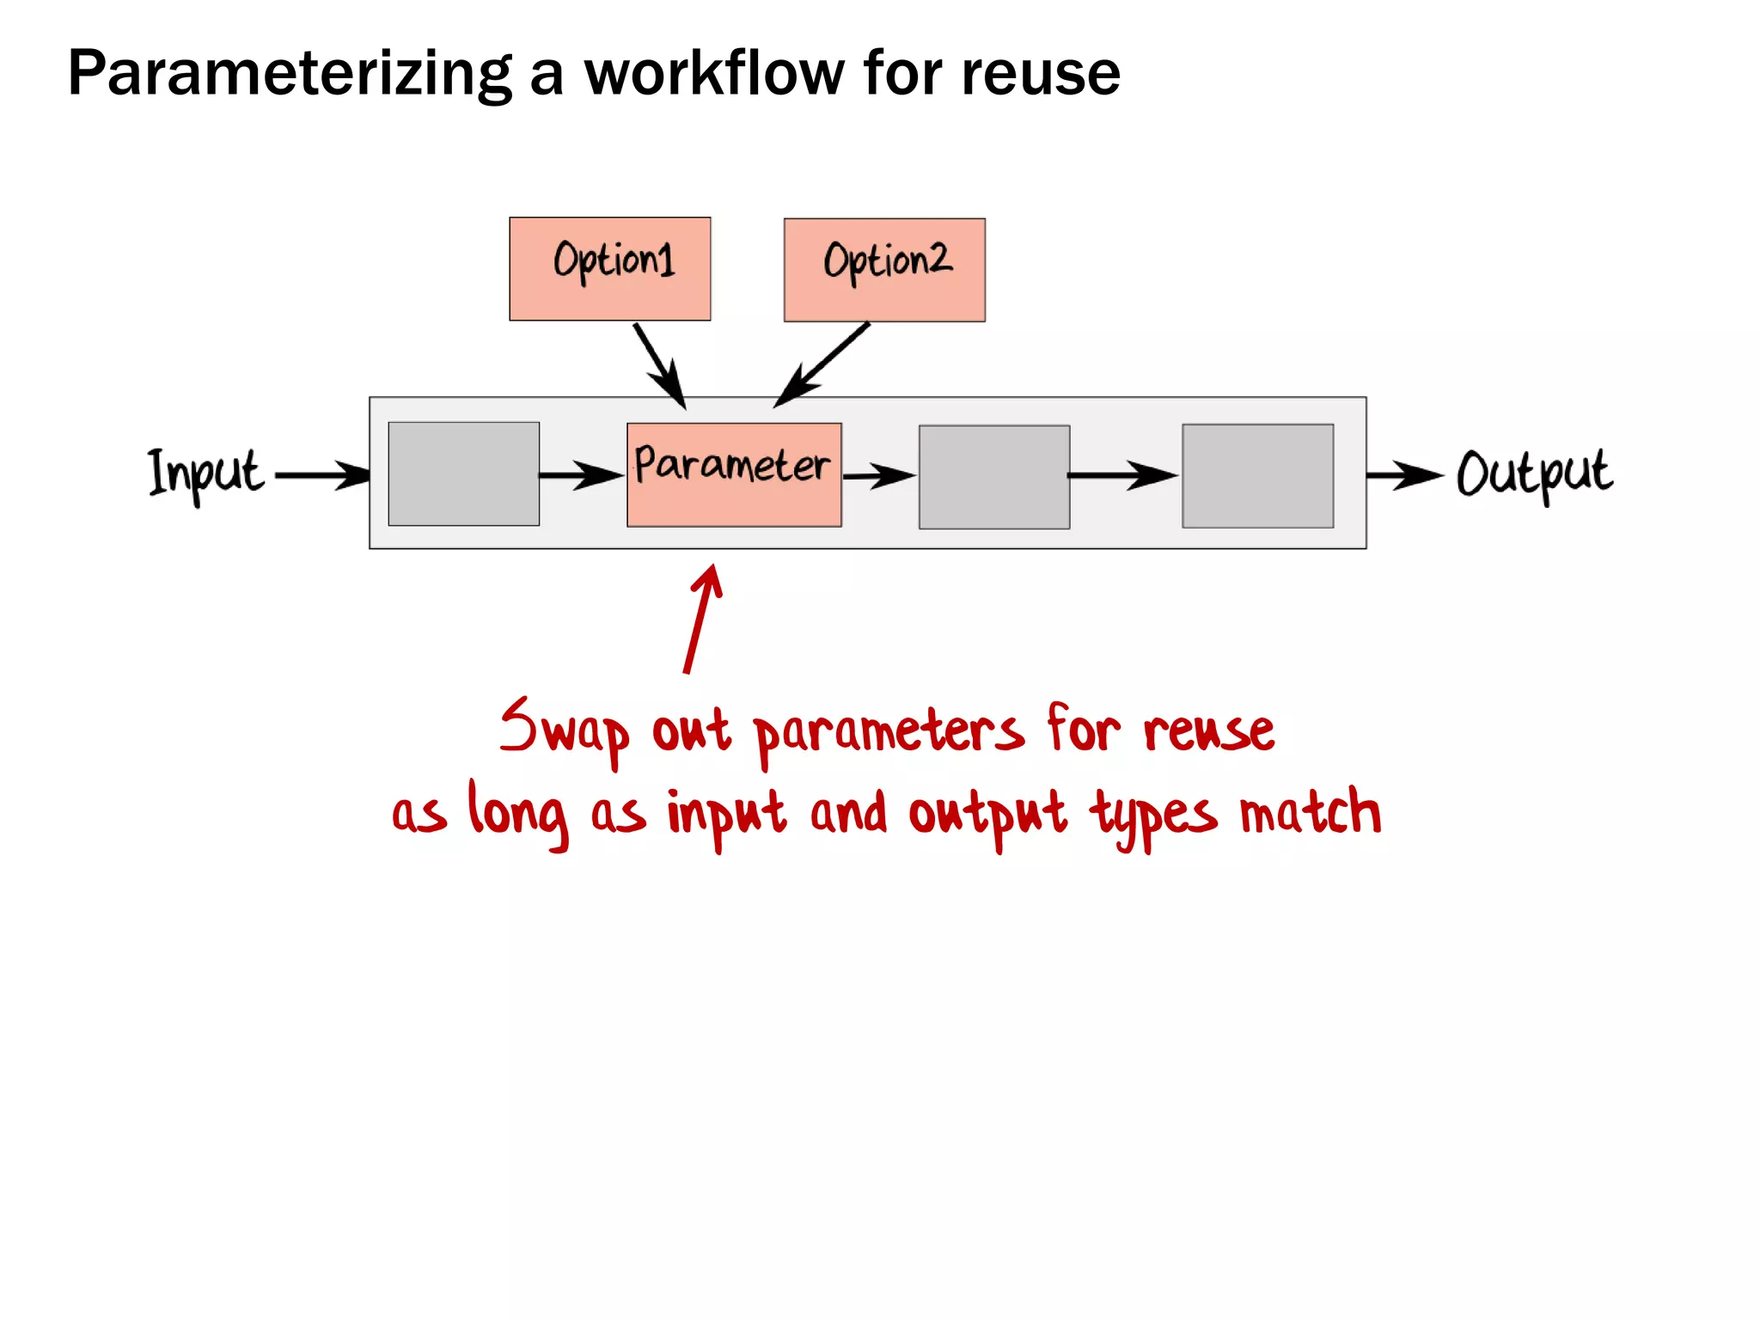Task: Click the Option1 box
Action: point(609,269)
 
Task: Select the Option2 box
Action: point(884,270)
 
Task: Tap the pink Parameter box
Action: point(734,474)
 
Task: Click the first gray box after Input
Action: point(463,474)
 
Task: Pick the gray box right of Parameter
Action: point(994,477)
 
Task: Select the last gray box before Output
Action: point(1257,476)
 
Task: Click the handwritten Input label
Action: point(205,474)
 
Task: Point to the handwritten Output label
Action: point(1534,474)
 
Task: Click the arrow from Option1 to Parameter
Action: point(659,364)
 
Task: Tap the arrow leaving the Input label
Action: point(321,474)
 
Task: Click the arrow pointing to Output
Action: point(1403,474)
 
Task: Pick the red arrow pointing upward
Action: point(701,619)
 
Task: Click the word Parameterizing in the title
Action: point(289,74)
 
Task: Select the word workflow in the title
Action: point(714,74)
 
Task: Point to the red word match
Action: point(1310,813)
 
